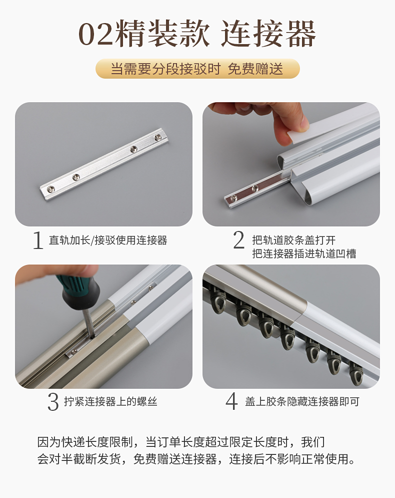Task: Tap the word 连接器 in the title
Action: coord(268,35)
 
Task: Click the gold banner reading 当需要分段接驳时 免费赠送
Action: coord(197,69)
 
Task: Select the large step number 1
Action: coord(38,240)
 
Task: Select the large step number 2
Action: coord(239,240)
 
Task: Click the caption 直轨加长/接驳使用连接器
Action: coord(108,240)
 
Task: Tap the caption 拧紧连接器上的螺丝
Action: coord(110,402)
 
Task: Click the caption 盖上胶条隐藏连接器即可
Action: coord(302,402)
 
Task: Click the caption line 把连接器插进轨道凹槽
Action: coord(304,254)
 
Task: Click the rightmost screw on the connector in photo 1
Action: coord(158,136)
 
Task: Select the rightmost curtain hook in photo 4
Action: coord(356,373)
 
